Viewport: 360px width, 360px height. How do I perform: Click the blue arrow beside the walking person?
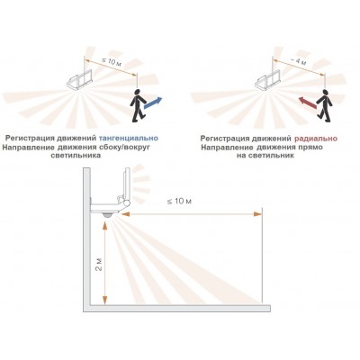point(153,103)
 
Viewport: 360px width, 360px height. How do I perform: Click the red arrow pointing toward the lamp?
point(307,103)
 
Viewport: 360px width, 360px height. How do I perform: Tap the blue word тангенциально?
point(129,139)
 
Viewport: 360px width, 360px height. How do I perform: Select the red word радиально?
point(316,139)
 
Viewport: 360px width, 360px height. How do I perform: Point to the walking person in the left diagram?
point(137,105)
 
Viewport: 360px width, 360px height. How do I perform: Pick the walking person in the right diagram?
point(325,105)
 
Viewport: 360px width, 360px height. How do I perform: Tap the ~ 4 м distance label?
point(299,61)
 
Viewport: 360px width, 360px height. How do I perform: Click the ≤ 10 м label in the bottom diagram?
point(179,201)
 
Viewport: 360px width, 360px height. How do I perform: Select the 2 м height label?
point(98,265)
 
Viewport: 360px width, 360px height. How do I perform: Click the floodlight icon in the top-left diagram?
point(79,79)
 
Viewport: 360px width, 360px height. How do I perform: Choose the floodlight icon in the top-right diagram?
point(267,80)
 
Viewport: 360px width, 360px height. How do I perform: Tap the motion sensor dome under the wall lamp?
point(107,215)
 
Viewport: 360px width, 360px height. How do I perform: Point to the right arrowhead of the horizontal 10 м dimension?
point(257,214)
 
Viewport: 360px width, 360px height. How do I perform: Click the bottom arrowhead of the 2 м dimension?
point(104,299)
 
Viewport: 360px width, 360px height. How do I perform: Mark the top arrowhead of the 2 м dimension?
point(104,226)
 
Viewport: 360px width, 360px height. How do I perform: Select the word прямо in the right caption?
point(310,148)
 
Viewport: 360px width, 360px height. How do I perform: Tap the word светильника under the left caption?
point(76,156)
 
